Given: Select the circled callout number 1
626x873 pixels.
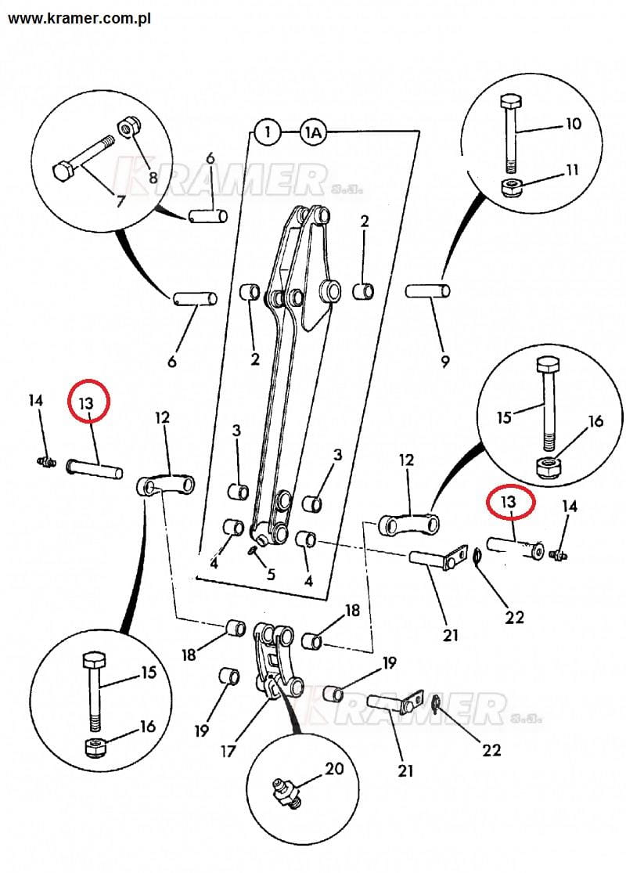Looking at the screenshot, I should [x=268, y=133].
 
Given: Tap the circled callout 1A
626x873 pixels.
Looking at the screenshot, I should [x=312, y=133].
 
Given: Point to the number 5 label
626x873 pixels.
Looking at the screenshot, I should [x=271, y=574].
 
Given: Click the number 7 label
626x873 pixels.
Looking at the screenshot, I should [x=121, y=201].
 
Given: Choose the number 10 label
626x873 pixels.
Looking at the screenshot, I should [x=574, y=124].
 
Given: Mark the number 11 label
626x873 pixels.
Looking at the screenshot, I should [x=573, y=170].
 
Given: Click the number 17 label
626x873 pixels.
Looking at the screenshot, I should [x=228, y=752].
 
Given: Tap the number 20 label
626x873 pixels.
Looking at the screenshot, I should [x=334, y=769].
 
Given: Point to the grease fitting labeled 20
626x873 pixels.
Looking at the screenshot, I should [x=286, y=790].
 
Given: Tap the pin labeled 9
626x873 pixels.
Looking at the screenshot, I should [x=428, y=292].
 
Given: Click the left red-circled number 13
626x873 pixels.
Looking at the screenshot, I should [x=86, y=403].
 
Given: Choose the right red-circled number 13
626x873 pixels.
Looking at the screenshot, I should [x=510, y=503].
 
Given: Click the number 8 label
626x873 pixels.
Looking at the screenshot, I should [x=153, y=178].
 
